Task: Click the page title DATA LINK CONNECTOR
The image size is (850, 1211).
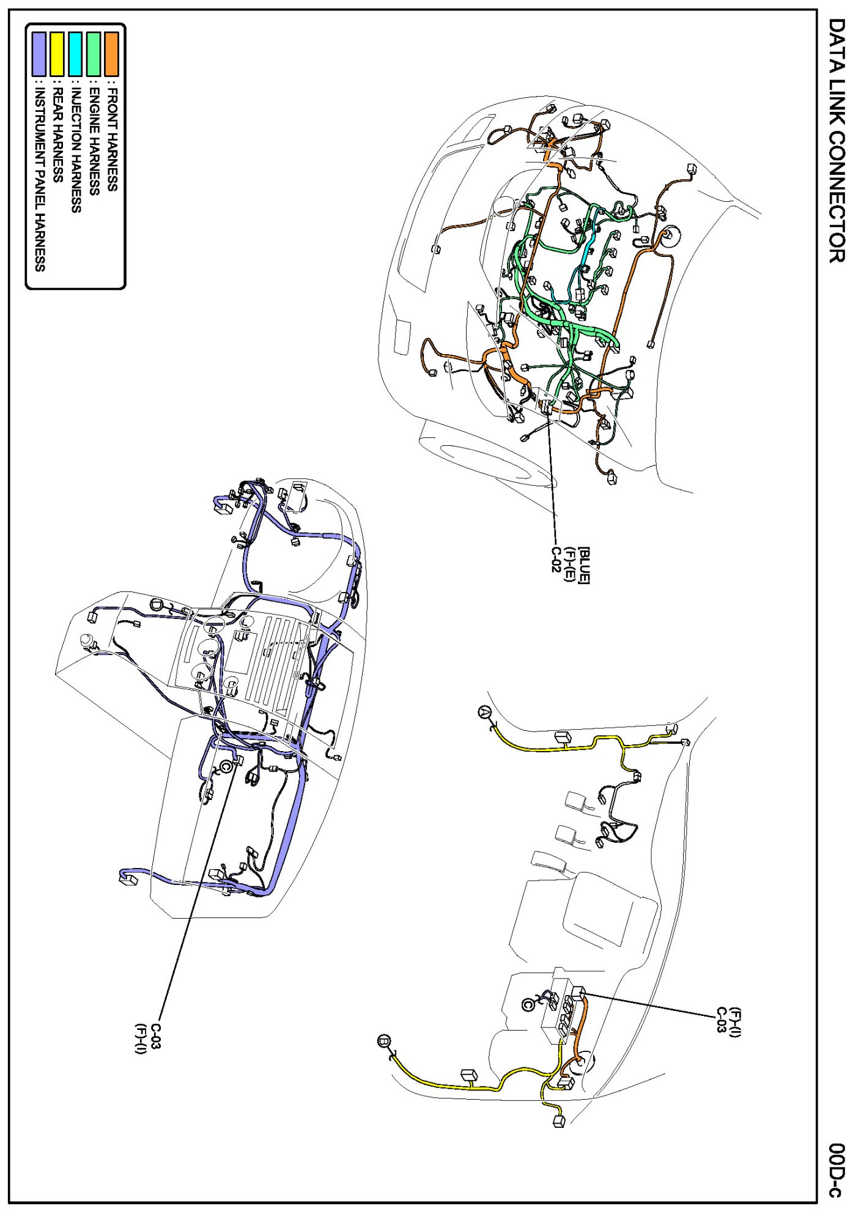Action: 836,140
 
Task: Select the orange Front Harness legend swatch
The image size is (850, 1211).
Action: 112,54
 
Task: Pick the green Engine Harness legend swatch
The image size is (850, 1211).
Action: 94,54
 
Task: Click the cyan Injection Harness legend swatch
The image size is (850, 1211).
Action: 76,54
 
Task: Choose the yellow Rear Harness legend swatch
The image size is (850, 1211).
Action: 57,54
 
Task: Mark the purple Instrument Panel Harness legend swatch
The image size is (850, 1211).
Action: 39,54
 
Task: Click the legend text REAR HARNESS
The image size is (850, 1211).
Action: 57,135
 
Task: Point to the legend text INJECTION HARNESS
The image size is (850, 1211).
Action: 76,150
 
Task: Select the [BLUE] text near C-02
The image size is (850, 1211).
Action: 585,566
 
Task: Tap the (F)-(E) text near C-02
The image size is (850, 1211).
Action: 569,564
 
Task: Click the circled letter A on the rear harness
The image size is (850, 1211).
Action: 484,712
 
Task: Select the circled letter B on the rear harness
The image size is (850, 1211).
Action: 384,1040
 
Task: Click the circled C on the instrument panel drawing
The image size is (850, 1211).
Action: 227,766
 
